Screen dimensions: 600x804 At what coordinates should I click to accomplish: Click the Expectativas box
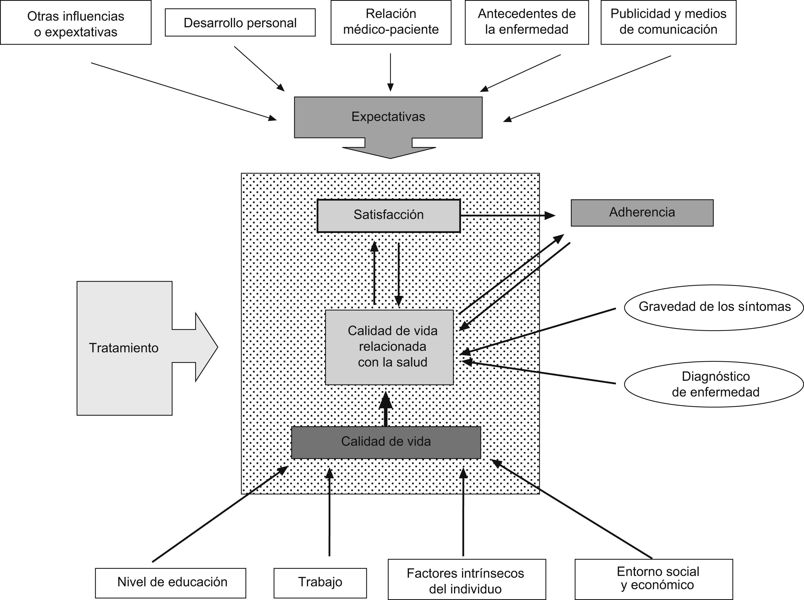(388, 117)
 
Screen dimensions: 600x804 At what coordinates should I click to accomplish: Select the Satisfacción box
(389, 215)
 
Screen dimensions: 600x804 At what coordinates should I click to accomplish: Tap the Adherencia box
(642, 213)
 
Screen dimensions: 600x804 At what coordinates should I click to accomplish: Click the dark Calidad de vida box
(386, 442)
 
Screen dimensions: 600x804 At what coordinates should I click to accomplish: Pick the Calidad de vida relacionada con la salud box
(389, 347)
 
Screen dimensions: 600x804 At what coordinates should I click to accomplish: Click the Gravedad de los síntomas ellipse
(714, 307)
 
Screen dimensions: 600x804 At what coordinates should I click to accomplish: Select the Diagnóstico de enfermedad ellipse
(714, 384)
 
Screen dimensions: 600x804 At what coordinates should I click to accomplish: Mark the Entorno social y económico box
(653, 579)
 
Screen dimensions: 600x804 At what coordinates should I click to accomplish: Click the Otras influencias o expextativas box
(76, 23)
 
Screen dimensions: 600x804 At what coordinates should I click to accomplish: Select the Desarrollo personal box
(240, 23)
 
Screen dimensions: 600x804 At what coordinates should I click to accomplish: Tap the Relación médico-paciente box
(391, 22)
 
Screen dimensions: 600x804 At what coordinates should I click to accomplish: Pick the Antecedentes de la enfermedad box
(527, 22)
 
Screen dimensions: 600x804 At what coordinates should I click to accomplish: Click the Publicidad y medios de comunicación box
(668, 22)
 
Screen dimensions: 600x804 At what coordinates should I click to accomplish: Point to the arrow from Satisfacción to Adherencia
(508, 215)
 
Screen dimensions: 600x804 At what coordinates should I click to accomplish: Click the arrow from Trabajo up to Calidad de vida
(330, 512)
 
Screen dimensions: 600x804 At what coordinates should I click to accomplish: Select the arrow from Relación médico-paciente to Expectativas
(390, 73)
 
